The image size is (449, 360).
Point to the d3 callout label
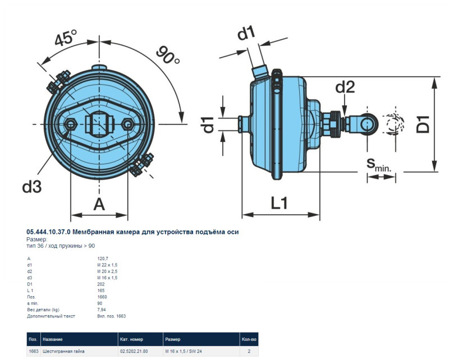click(x=32, y=187)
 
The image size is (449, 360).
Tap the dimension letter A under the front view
click(x=99, y=205)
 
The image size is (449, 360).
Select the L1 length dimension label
click(x=279, y=203)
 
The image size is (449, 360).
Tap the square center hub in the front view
click(x=99, y=124)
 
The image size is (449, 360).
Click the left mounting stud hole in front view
click(x=71, y=124)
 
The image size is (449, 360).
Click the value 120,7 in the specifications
click(x=102, y=258)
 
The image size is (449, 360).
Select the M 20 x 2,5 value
click(x=107, y=271)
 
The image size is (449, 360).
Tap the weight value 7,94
click(x=101, y=310)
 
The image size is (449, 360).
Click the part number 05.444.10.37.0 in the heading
click(x=49, y=232)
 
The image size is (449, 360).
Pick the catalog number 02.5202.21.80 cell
click(x=134, y=351)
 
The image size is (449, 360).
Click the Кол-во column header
click(x=249, y=339)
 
